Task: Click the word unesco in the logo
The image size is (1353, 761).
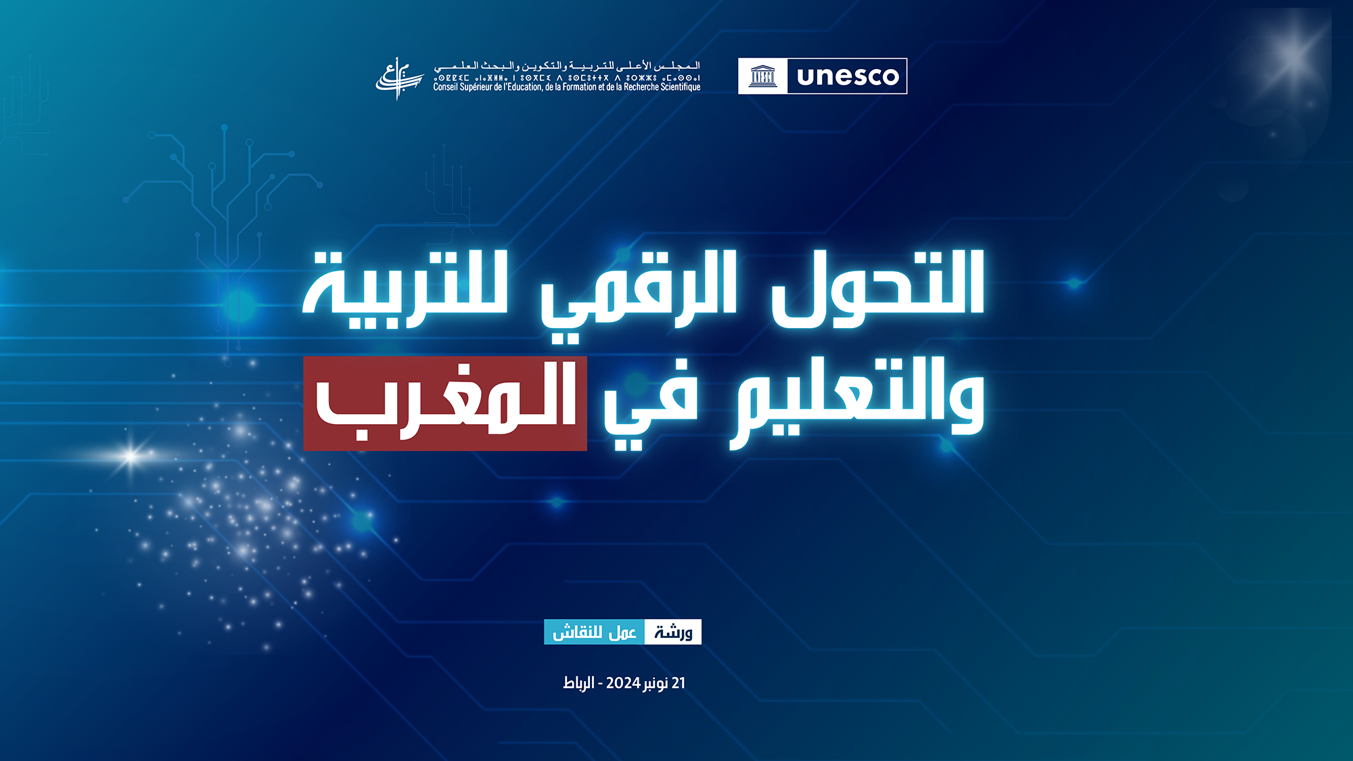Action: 848,76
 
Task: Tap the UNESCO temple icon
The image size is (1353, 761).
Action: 763,76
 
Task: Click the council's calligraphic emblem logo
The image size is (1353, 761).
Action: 399,78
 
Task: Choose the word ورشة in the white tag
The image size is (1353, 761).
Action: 673,632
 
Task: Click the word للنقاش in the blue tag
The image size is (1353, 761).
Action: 577,632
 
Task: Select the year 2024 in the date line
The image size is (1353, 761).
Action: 623,683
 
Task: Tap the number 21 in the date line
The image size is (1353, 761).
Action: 679,683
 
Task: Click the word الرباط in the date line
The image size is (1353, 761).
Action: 578,683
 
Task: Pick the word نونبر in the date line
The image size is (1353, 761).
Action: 656,683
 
